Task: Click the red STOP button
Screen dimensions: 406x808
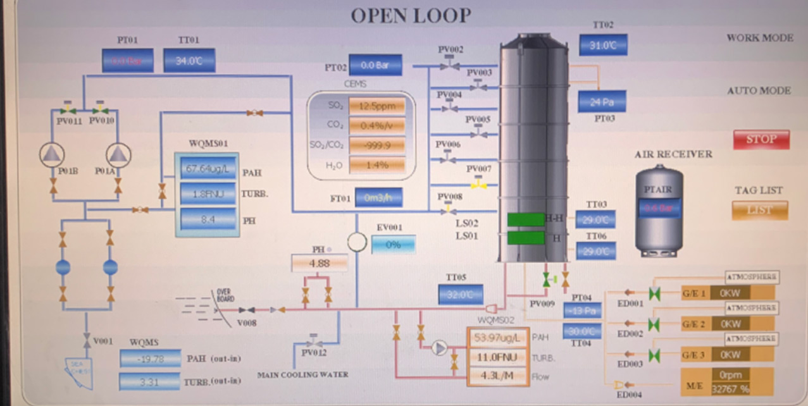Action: [x=761, y=139]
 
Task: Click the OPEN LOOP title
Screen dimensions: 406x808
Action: [x=411, y=16]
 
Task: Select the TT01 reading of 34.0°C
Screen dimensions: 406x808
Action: [x=189, y=61]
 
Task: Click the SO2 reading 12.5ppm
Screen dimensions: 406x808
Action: [x=376, y=106]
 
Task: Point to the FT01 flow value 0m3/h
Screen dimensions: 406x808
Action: [x=378, y=197]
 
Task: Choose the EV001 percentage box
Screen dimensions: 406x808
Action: [x=393, y=244]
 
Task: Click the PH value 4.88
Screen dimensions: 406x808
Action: [x=320, y=262]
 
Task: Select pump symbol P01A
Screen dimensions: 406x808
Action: [x=118, y=154]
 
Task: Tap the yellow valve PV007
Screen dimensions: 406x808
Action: [x=479, y=185]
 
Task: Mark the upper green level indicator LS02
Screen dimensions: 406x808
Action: [x=526, y=219]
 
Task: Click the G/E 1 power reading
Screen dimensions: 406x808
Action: [x=733, y=292]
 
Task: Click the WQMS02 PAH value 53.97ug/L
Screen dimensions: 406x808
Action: [x=497, y=338]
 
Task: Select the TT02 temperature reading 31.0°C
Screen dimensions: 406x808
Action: [x=603, y=46]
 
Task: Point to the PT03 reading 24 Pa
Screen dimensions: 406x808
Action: [x=602, y=101]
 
